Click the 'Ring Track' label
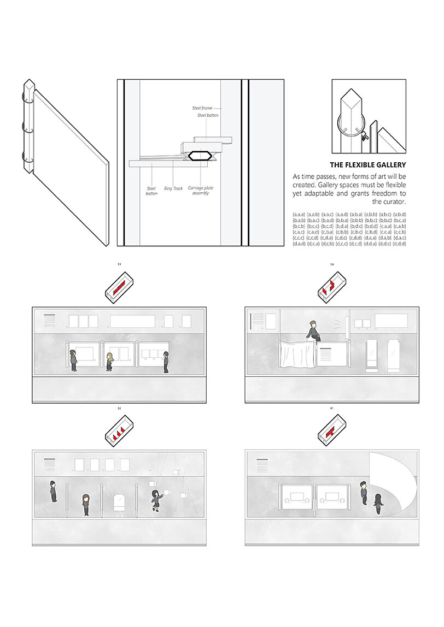(x=173, y=188)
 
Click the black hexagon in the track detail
(x=200, y=156)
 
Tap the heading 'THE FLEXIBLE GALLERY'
(x=368, y=164)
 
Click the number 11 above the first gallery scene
(x=119, y=264)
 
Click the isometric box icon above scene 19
(x=331, y=287)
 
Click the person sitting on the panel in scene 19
(x=312, y=332)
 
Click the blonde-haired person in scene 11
(x=109, y=362)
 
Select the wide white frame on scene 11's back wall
(x=132, y=321)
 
